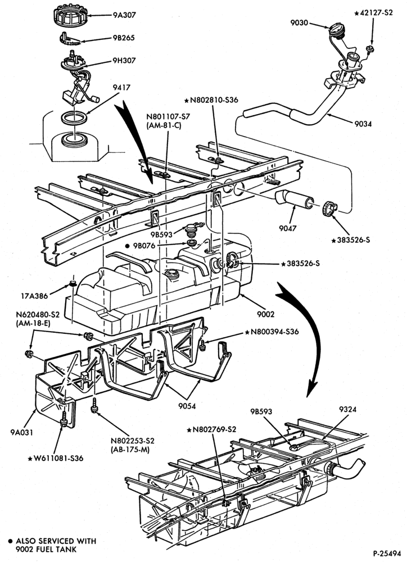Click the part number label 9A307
tap(124, 15)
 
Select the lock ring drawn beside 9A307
tap(71, 15)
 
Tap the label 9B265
tap(123, 38)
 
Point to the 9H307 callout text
tap(124, 61)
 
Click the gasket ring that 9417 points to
tap(74, 117)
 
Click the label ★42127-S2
tap(373, 13)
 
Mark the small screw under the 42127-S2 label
tap(370, 49)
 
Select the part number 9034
tap(363, 124)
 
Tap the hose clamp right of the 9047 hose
tap(329, 209)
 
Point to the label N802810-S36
tap(211, 100)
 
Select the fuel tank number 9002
tap(266, 314)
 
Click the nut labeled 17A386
tap(73, 284)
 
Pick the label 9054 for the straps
tap(187, 406)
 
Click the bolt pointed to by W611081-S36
tap(64, 420)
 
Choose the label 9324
tap(347, 409)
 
